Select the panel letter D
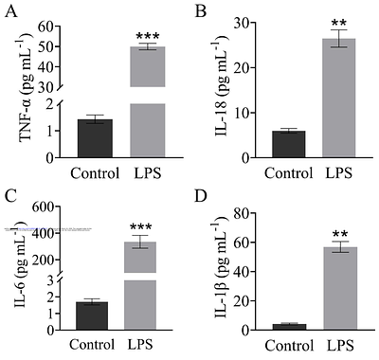pos(200,196)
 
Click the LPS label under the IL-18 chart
pos(339,173)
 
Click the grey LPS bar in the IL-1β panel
pos(339,288)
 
